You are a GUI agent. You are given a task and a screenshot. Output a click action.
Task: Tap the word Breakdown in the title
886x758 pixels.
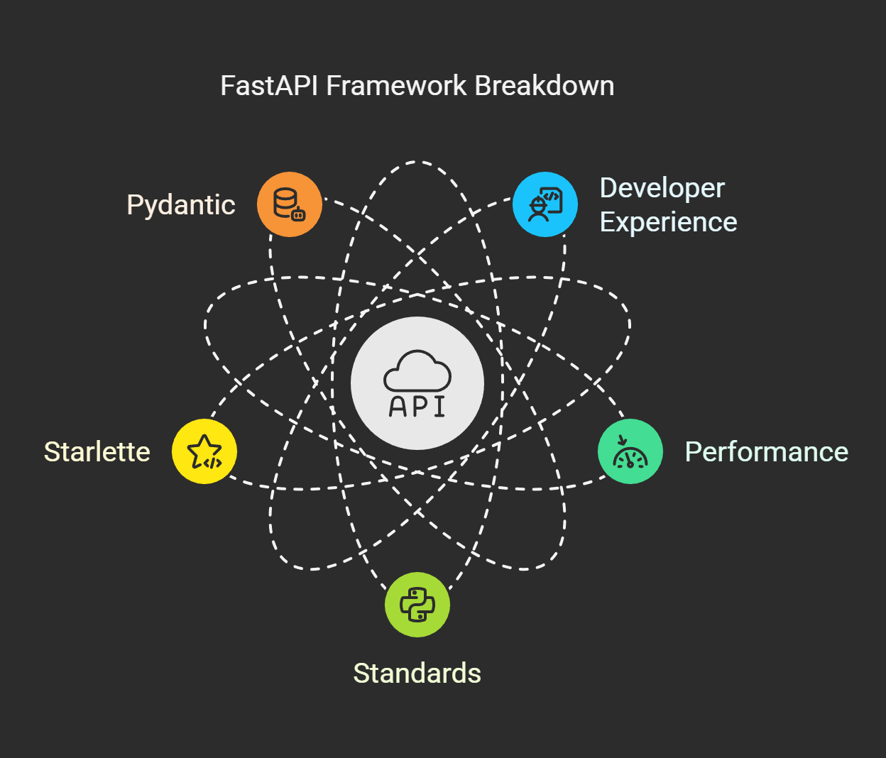click(x=545, y=86)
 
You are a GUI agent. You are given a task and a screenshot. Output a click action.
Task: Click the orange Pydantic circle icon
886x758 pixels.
click(x=290, y=204)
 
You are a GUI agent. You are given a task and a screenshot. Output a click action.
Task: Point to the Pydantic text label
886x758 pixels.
click(x=181, y=205)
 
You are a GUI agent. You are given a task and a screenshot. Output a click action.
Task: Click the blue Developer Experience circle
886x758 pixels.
click(x=545, y=204)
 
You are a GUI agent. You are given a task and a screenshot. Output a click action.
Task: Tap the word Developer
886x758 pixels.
click(x=662, y=188)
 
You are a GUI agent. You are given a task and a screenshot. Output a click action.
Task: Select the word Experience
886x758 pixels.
click(x=668, y=222)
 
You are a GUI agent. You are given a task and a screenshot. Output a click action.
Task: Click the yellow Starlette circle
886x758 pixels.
click(x=204, y=451)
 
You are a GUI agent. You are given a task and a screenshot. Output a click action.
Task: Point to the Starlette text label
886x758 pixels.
click(x=97, y=452)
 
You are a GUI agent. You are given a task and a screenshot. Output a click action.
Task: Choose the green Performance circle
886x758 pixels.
click(x=630, y=451)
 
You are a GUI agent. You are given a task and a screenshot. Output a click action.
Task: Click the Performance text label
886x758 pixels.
click(x=766, y=452)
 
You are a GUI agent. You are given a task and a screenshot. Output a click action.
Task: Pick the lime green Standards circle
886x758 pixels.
click(x=417, y=605)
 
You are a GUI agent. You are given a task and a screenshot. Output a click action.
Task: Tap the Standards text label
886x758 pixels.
click(x=417, y=674)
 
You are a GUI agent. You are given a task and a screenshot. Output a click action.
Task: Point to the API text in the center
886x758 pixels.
click(x=417, y=406)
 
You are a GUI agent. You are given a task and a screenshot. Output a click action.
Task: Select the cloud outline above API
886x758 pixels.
click(x=417, y=370)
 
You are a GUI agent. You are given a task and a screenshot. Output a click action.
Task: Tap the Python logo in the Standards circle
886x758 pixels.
click(x=417, y=605)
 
